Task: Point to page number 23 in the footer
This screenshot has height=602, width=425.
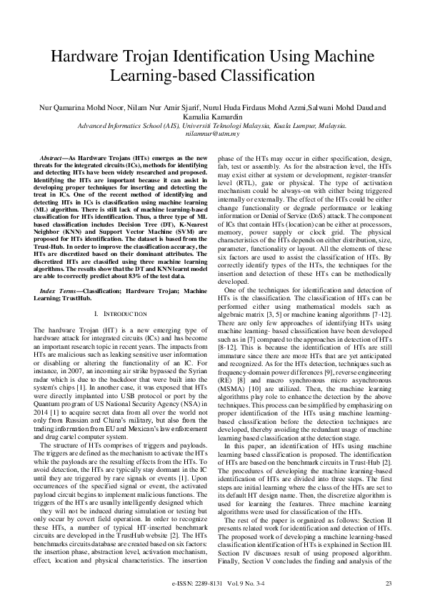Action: pyautogui.click(x=389, y=584)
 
